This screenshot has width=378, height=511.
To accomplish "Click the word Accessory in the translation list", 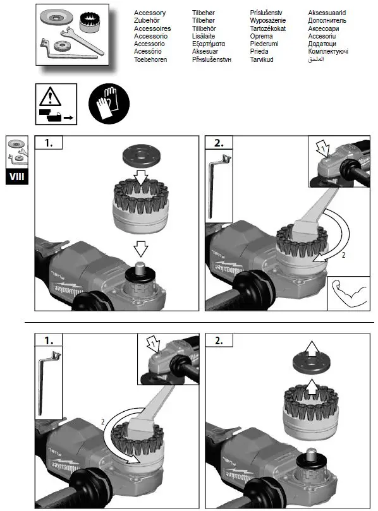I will (x=150, y=13).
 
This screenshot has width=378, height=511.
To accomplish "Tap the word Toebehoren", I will (x=152, y=59).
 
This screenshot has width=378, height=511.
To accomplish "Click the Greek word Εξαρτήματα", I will (x=210, y=52).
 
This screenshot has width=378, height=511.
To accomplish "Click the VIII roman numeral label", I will (x=17, y=176).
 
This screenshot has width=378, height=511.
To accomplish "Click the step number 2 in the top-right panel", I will (x=219, y=143).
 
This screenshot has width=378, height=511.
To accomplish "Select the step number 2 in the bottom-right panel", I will (x=219, y=341).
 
